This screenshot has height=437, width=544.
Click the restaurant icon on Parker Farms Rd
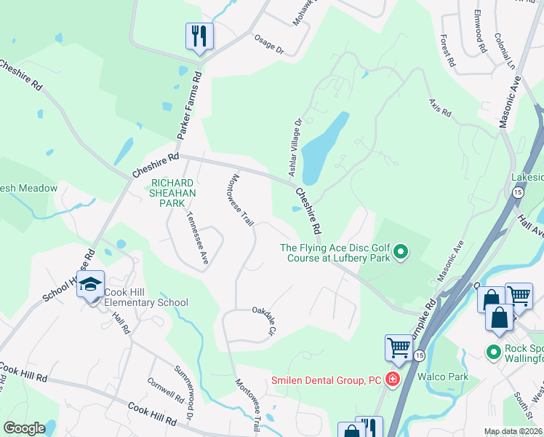click(199, 36)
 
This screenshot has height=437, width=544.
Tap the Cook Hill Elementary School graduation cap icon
click(91, 285)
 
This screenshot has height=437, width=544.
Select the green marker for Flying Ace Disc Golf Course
click(400, 253)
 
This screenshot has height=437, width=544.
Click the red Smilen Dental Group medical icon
click(393, 379)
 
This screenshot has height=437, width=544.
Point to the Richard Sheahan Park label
click(172, 193)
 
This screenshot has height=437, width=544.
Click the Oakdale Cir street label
click(266, 320)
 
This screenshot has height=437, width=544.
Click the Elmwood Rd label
click(480, 36)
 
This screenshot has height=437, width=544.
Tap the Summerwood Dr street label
click(183, 390)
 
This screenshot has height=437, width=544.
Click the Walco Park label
click(443, 377)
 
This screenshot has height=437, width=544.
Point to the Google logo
click(24, 428)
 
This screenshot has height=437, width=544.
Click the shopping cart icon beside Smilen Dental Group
click(399, 348)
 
